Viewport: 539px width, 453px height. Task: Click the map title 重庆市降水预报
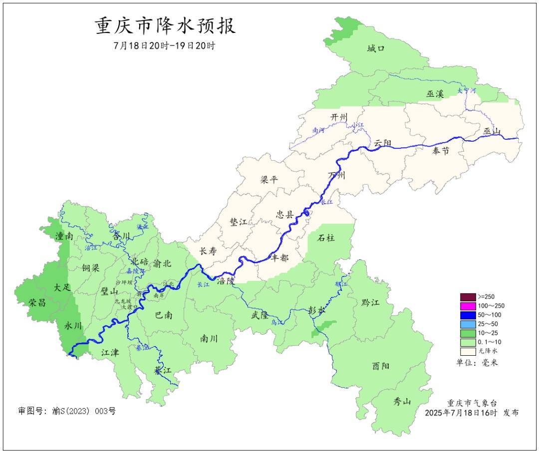(x=165, y=26)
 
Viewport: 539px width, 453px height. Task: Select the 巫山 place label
(x=492, y=131)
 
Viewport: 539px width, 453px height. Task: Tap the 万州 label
(x=336, y=175)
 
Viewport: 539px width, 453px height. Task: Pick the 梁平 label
(x=269, y=180)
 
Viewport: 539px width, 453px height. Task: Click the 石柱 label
(x=326, y=237)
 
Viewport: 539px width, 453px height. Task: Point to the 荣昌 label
(x=37, y=302)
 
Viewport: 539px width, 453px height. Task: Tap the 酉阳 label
(x=381, y=366)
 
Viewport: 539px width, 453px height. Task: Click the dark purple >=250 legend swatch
(x=468, y=297)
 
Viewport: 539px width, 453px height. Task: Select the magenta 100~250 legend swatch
(x=468, y=306)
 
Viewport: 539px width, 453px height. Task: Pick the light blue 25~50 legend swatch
(x=468, y=324)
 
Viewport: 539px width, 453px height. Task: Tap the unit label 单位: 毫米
(x=477, y=363)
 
